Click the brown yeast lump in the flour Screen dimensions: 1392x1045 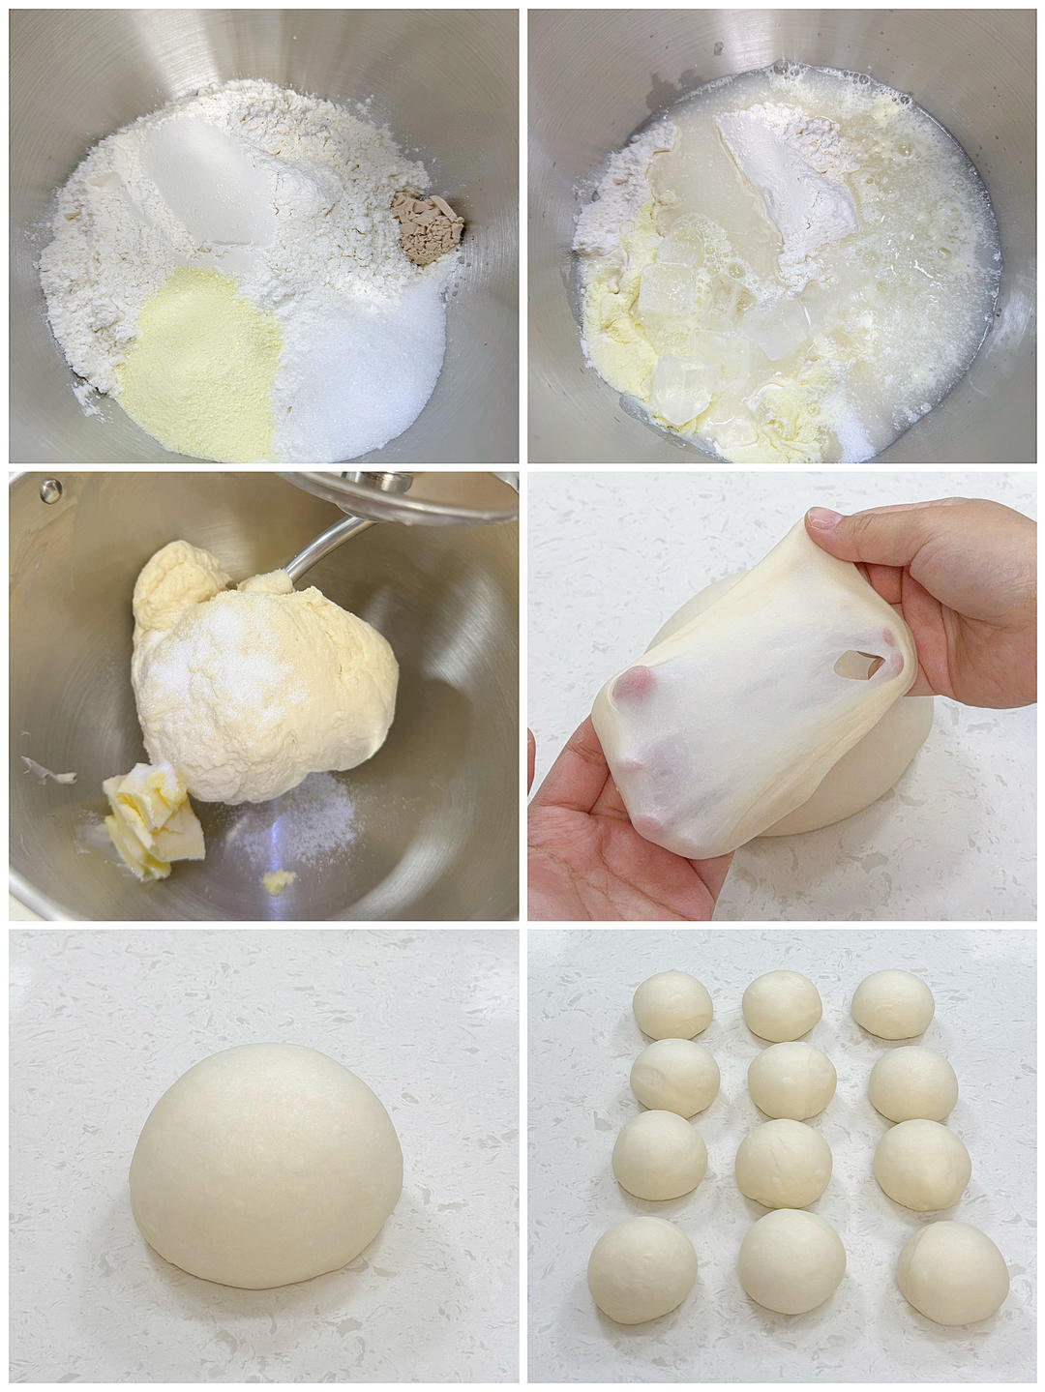click(427, 222)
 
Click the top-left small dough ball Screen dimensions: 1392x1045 click(672, 1005)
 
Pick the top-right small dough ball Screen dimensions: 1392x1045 click(892, 1004)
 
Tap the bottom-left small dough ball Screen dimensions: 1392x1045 click(642, 1268)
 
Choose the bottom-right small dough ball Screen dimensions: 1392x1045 click(952, 1271)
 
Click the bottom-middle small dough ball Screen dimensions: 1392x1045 click(791, 1260)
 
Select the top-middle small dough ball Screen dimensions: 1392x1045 click(782, 1006)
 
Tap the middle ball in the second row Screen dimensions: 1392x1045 click(791, 1081)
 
